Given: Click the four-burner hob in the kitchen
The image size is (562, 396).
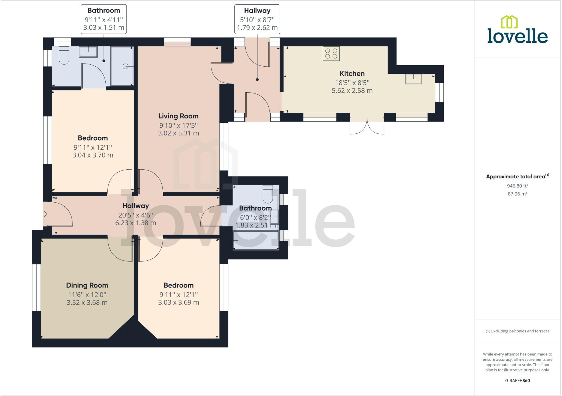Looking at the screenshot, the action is point(331,53).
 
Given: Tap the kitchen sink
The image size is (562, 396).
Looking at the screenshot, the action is point(413,79).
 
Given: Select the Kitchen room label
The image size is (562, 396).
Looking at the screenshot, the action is point(352,73).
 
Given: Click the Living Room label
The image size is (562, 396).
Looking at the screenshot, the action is point(178,116).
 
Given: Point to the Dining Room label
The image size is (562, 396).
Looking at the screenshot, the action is point(87,285).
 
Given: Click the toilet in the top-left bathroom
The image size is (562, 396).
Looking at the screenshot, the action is point(64,56).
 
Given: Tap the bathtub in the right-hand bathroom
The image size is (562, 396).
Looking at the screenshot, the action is point(256,240).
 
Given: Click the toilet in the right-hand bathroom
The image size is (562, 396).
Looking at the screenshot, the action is point(268,194).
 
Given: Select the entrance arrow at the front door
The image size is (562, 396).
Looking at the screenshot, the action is point(45,214).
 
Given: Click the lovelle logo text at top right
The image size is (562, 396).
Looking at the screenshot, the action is point(517,37).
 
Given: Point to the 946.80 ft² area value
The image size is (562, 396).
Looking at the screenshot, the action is point(518,186).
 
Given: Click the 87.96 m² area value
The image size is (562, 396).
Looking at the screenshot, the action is point(518,194).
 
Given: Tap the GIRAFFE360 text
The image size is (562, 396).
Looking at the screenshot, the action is point(518,380).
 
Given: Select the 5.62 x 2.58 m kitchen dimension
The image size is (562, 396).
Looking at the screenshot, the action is point(352,91).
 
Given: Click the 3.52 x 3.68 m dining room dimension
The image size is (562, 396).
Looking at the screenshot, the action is point(87,303).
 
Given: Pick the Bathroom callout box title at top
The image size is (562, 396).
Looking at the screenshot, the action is point(104,10).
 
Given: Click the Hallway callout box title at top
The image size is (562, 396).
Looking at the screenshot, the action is point(257,11).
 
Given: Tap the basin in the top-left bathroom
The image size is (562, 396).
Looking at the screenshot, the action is point(88,52).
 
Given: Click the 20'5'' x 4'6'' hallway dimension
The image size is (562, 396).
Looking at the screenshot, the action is point(136,215).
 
